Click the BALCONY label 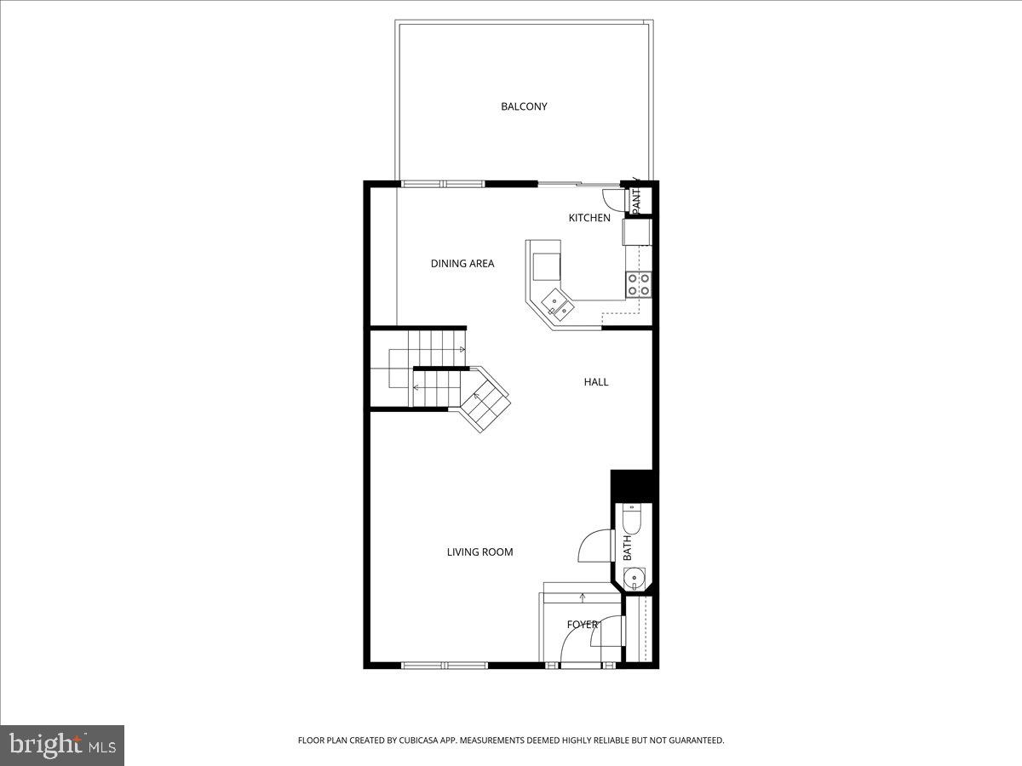click(x=524, y=106)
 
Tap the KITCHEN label click(x=589, y=218)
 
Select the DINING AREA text click(x=462, y=264)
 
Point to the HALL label click(x=596, y=382)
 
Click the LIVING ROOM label click(x=479, y=552)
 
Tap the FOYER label click(x=583, y=625)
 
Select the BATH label click(x=628, y=547)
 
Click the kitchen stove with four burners click(x=639, y=284)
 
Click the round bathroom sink click(x=634, y=579)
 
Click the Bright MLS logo click(x=62, y=746)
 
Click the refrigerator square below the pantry click(x=637, y=232)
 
